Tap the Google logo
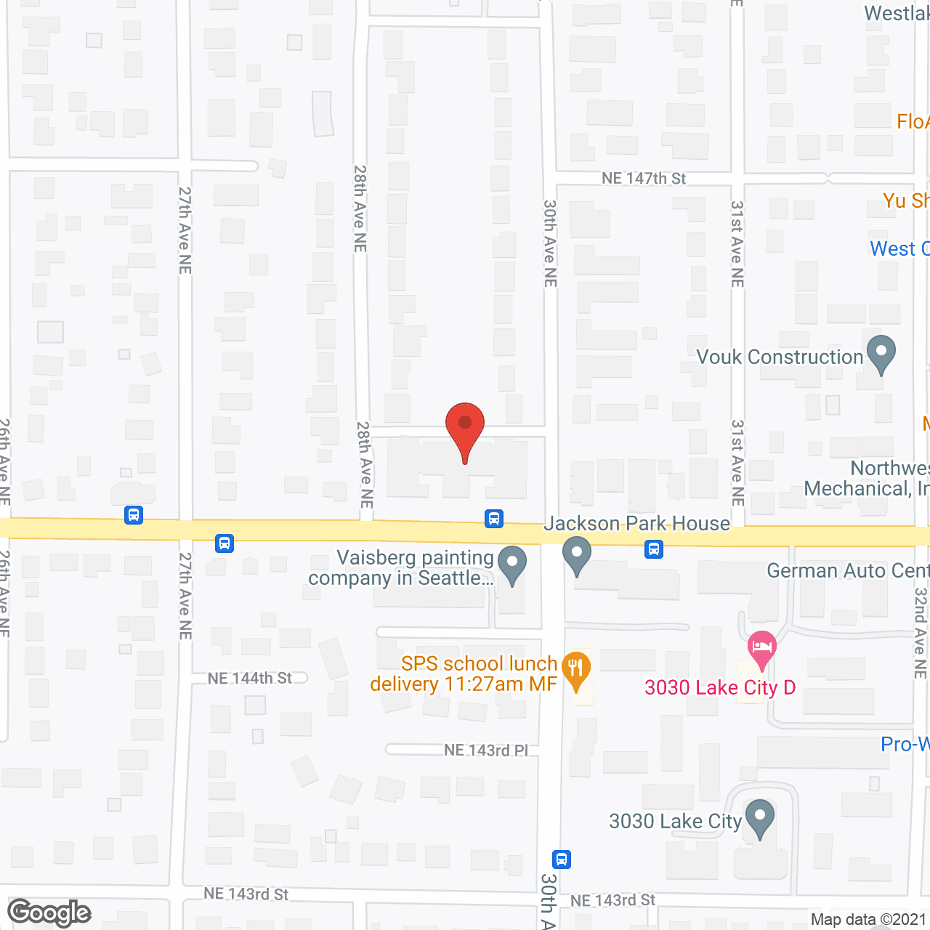point(49,913)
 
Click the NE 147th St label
point(644,179)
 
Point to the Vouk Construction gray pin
point(881,355)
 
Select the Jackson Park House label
point(636,524)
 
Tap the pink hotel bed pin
point(761,648)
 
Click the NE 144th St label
point(250,679)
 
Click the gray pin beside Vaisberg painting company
point(513,565)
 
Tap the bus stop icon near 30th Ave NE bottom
point(561,860)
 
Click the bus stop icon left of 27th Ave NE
point(134,515)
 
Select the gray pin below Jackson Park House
point(577,555)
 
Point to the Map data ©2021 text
point(869,920)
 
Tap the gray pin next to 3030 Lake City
point(760,818)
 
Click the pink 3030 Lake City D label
point(720,688)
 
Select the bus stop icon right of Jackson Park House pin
point(654,549)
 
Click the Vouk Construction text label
point(780,357)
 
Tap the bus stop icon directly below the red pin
point(494,519)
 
